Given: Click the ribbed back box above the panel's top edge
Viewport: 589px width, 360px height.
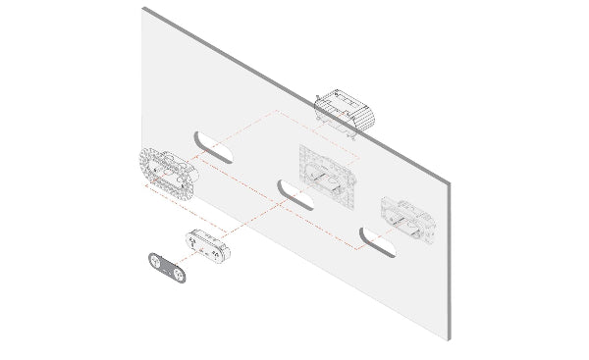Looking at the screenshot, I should pyautogui.click(x=345, y=111).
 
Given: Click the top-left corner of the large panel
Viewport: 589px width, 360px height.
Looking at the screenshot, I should pyautogui.click(x=143, y=8).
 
